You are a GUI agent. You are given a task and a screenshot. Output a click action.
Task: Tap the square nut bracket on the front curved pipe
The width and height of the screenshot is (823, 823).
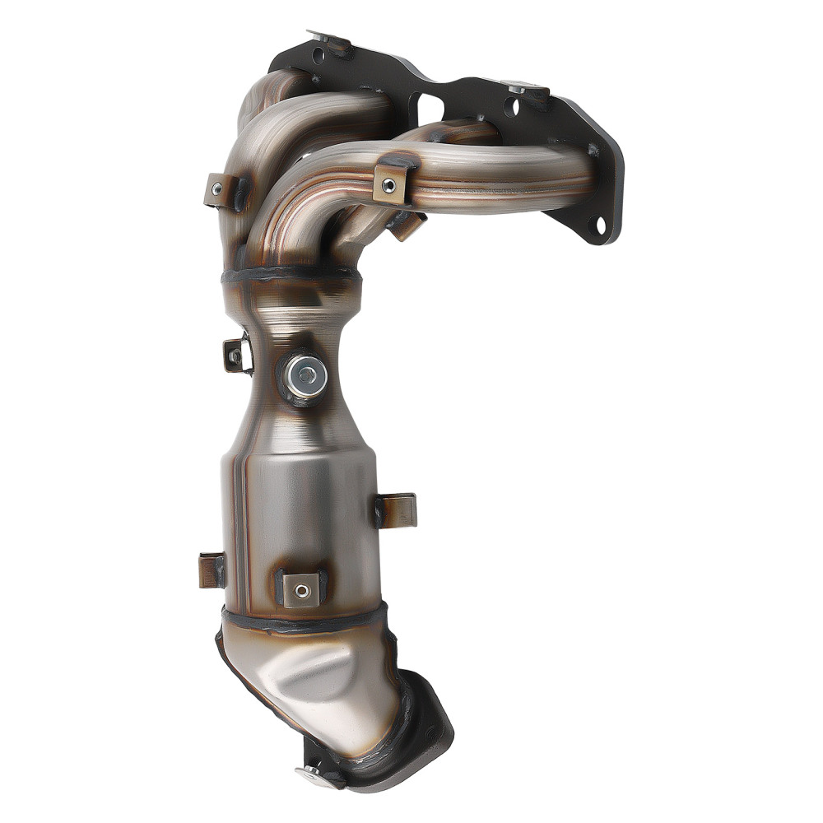coord(391,184)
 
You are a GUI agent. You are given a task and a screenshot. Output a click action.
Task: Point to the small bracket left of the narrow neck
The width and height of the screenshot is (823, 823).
coord(235,356)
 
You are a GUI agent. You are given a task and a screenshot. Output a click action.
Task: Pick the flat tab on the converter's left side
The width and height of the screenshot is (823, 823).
coord(212,570)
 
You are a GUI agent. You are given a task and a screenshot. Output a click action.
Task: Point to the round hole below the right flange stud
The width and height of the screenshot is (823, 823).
coord(515,107)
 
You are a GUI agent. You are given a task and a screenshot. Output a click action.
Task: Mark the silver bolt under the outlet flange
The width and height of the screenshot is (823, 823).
coord(314,774)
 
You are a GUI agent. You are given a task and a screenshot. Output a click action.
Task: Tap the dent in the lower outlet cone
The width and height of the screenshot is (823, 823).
coord(329,667)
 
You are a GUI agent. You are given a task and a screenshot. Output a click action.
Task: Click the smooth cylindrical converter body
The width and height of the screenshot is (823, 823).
coord(300,510)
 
